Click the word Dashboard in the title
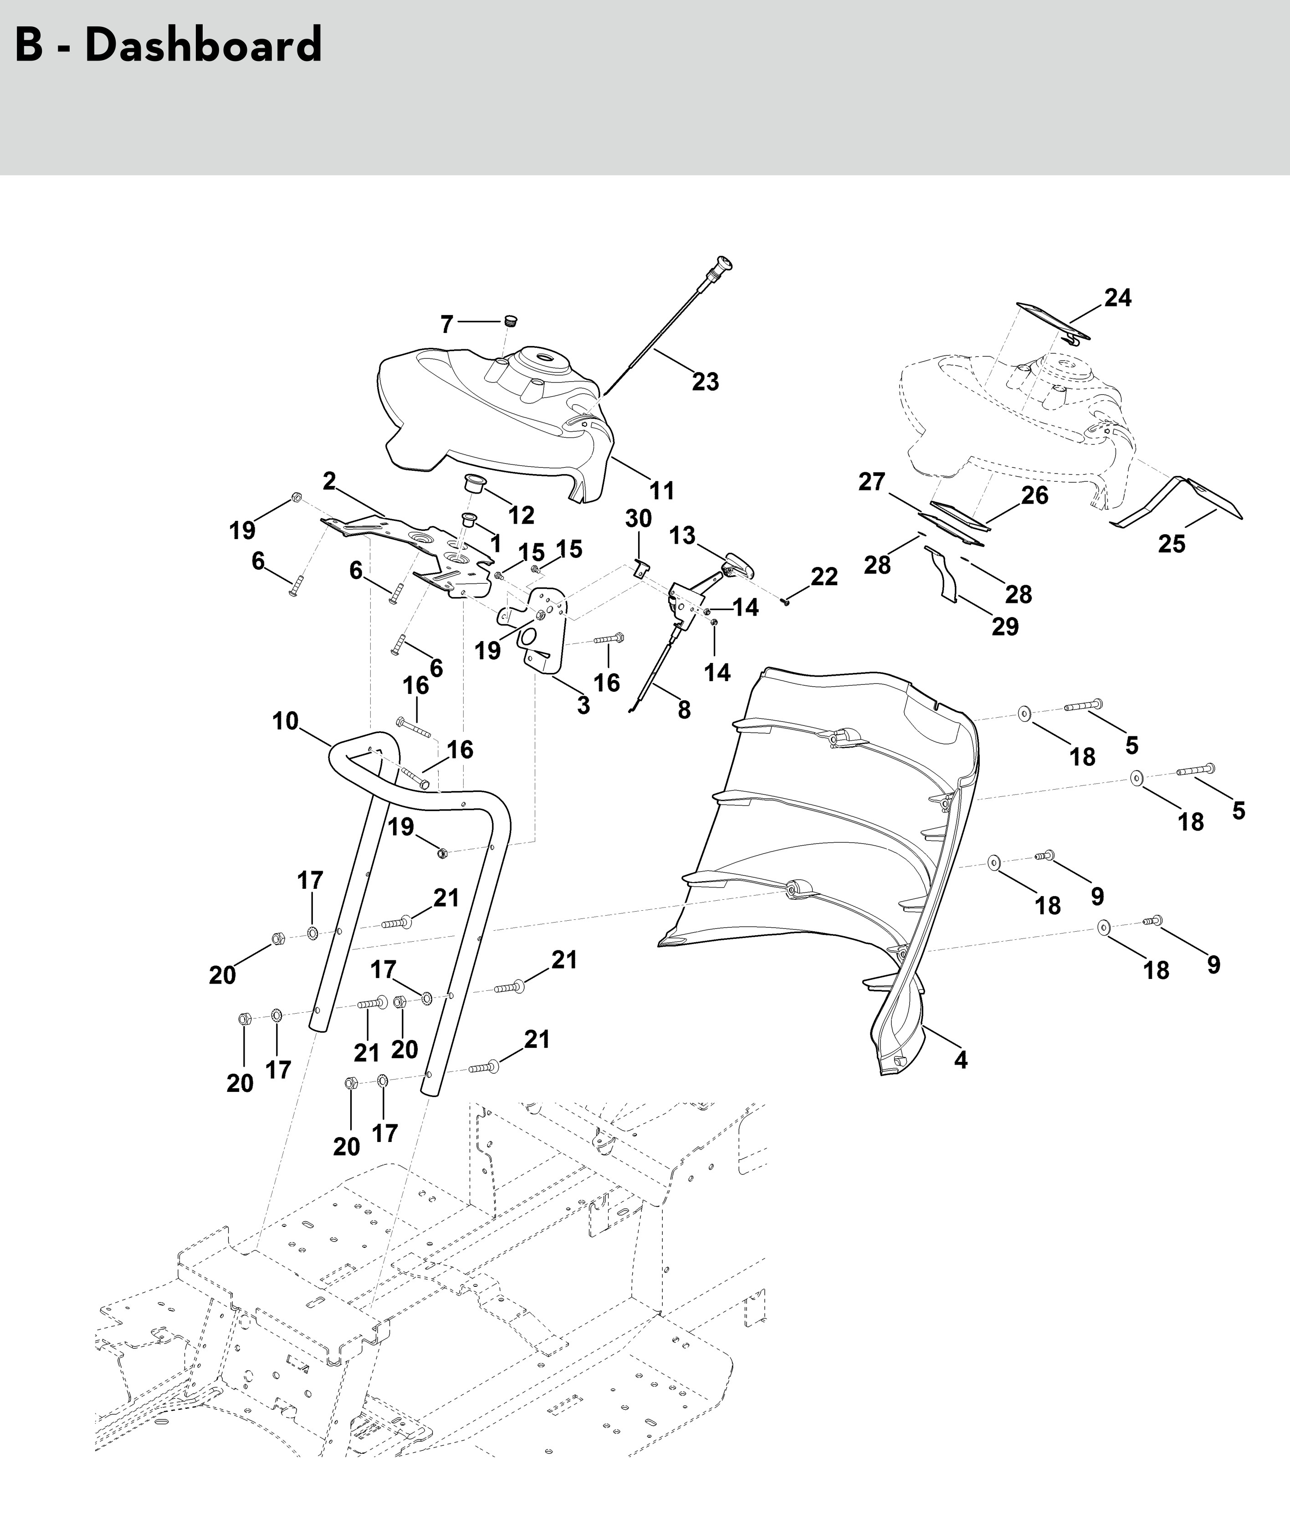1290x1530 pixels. tap(203, 46)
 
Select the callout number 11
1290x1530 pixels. tap(662, 490)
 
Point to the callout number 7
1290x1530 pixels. tap(447, 324)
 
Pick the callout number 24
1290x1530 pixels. tap(1117, 297)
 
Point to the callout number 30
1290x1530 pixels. tap(639, 518)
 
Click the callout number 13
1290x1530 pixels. tap(682, 535)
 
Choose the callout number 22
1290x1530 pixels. tap(824, 577)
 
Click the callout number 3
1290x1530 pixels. tap(583, 705)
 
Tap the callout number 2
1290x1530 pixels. tap(329, 481)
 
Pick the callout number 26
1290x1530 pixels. tap(1035, 495)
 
